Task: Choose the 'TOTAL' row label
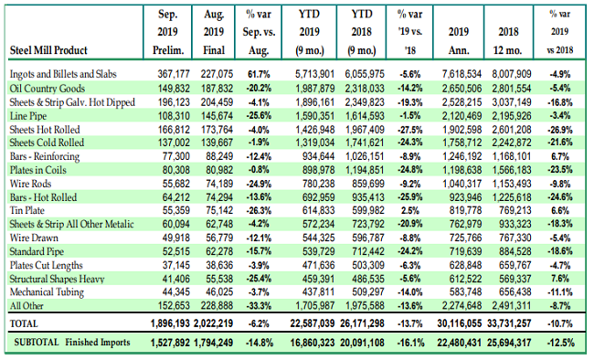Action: pyautogui.click(x=27, y=324)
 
